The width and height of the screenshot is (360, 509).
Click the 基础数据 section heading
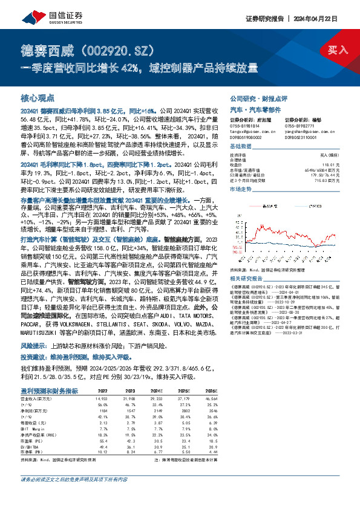241,147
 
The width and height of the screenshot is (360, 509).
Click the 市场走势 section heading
241,189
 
